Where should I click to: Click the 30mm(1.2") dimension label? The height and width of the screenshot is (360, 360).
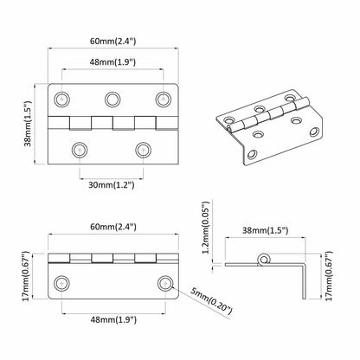click(112, 184)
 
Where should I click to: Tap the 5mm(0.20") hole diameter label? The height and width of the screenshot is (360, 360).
click(211, 301)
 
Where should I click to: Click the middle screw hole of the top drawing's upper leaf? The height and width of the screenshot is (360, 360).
click(112, 100)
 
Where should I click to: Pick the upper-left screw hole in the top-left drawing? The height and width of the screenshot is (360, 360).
click(61, 100)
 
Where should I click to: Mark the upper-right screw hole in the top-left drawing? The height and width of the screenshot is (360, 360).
click(164, 100)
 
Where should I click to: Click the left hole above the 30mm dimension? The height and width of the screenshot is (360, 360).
click(80, 150)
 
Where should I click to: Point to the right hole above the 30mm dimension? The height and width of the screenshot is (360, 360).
click(144, 150)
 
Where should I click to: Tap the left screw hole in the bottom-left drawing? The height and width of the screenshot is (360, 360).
click(61, 284)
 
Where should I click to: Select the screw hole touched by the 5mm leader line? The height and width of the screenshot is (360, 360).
click(165, 284)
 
